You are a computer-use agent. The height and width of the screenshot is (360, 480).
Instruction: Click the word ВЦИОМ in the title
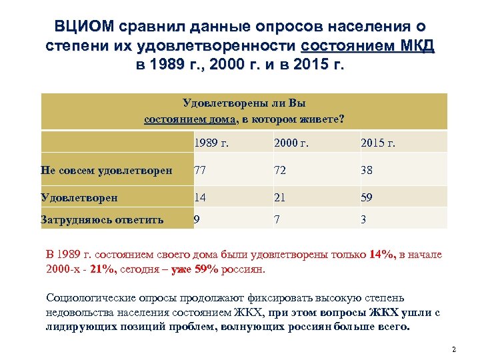pos(84,27)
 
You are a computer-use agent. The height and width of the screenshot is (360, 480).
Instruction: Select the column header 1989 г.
pos(210,142)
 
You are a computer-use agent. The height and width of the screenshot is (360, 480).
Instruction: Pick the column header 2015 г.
pos(377,142)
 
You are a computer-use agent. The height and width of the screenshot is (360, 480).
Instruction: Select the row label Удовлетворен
pos(79,197)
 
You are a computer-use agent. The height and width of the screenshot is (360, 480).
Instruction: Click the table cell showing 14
pos(199,197)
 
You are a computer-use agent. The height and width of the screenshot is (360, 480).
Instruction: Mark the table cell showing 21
pos(279,197)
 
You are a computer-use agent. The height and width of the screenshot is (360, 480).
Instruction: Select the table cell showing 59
pos(367,197)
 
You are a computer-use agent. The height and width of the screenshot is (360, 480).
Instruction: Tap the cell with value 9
pos(196,219)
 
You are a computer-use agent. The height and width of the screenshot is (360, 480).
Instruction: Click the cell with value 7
pos(277,219)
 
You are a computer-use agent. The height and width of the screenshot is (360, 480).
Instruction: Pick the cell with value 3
pos(363,219)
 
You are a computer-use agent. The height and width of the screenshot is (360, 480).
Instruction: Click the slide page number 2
pos(453,349)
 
